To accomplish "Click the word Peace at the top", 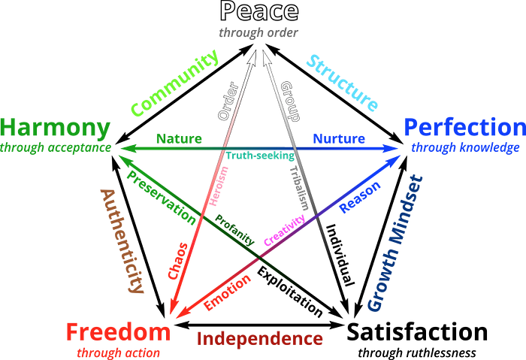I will (259, 12).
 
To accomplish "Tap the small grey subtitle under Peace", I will (258, 32).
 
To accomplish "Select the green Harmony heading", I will (56, 127).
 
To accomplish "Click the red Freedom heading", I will (118, 331).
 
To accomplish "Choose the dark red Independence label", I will (260, 338).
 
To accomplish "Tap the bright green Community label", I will (174, 83).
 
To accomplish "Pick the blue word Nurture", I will (338, 138).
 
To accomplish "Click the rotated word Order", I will (228, 100).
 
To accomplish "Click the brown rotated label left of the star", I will (122, 239).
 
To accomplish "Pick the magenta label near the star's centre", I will (285, 228).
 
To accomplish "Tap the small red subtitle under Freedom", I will (118, 349).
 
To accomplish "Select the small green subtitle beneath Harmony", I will (56, 147).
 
